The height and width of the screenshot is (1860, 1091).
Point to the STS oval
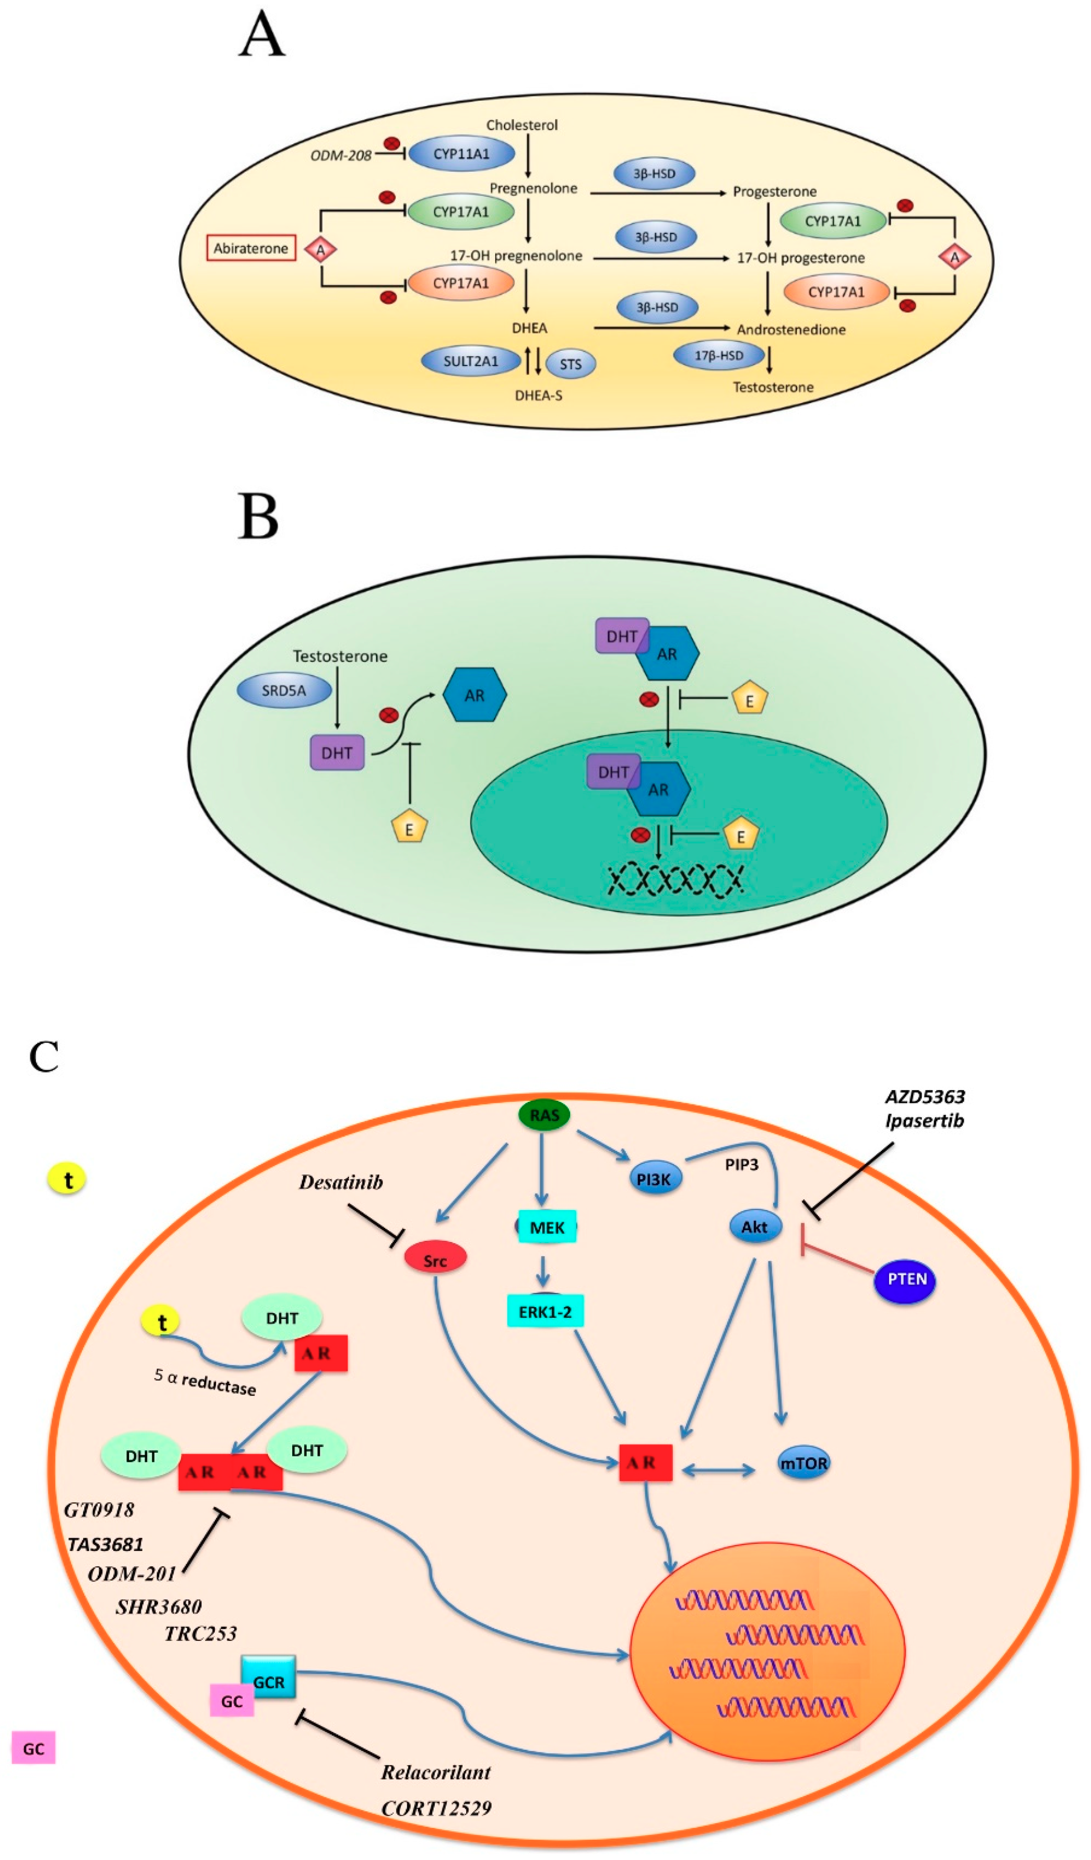pos(571,364)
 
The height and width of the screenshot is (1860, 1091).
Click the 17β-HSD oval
pos(718,355)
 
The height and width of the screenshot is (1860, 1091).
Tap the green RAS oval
pos(544,1115)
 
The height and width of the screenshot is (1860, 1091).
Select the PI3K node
pos(654,1179)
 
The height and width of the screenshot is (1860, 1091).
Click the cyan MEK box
pos(547,1227)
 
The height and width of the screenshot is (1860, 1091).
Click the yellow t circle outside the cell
pos(67,1180)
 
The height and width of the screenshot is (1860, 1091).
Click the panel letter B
pos(258,516)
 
